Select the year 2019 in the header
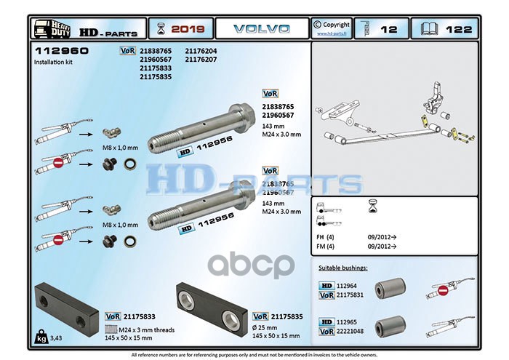click(188, 29)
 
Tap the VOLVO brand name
click(261, 29)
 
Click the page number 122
click(458, 29)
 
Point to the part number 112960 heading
click(61, 52)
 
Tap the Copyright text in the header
click(336, 25)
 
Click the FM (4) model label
click(325, 247)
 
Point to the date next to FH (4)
click(384, 237)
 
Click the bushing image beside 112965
click(389, 325)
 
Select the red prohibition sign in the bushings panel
click(443, 290)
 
